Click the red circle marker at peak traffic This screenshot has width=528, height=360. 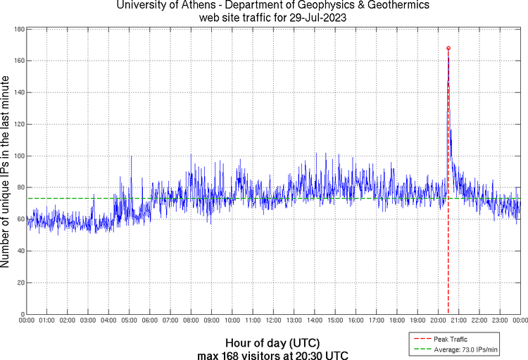coord(448,48)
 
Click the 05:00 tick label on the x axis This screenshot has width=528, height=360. coord(130,320)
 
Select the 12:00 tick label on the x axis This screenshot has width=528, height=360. coord(274,320)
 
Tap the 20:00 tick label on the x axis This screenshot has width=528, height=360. coord(438,320)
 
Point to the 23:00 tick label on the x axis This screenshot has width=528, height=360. coord(500,320)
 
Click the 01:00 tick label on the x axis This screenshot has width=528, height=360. coord(47,320)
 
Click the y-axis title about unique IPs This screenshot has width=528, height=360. coord(6,172)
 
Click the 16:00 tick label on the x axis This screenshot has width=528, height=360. coord(356,320)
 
